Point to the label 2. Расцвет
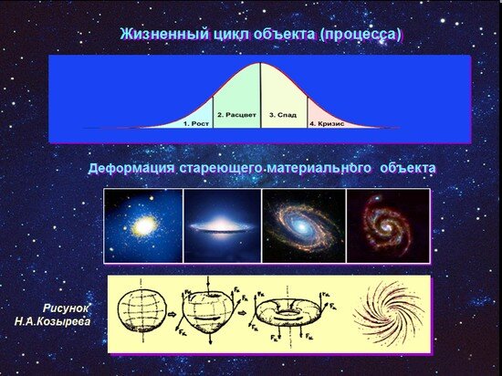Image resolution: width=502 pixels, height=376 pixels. coord(237,117)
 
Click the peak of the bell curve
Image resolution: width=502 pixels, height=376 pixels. coord(260,63)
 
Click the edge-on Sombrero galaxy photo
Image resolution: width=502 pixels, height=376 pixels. coord(222,225)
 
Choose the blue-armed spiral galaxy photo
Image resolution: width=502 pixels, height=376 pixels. coord(301,225)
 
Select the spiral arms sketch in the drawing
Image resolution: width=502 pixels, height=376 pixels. coord(386,313)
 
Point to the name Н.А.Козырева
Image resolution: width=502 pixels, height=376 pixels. coord(53,322)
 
